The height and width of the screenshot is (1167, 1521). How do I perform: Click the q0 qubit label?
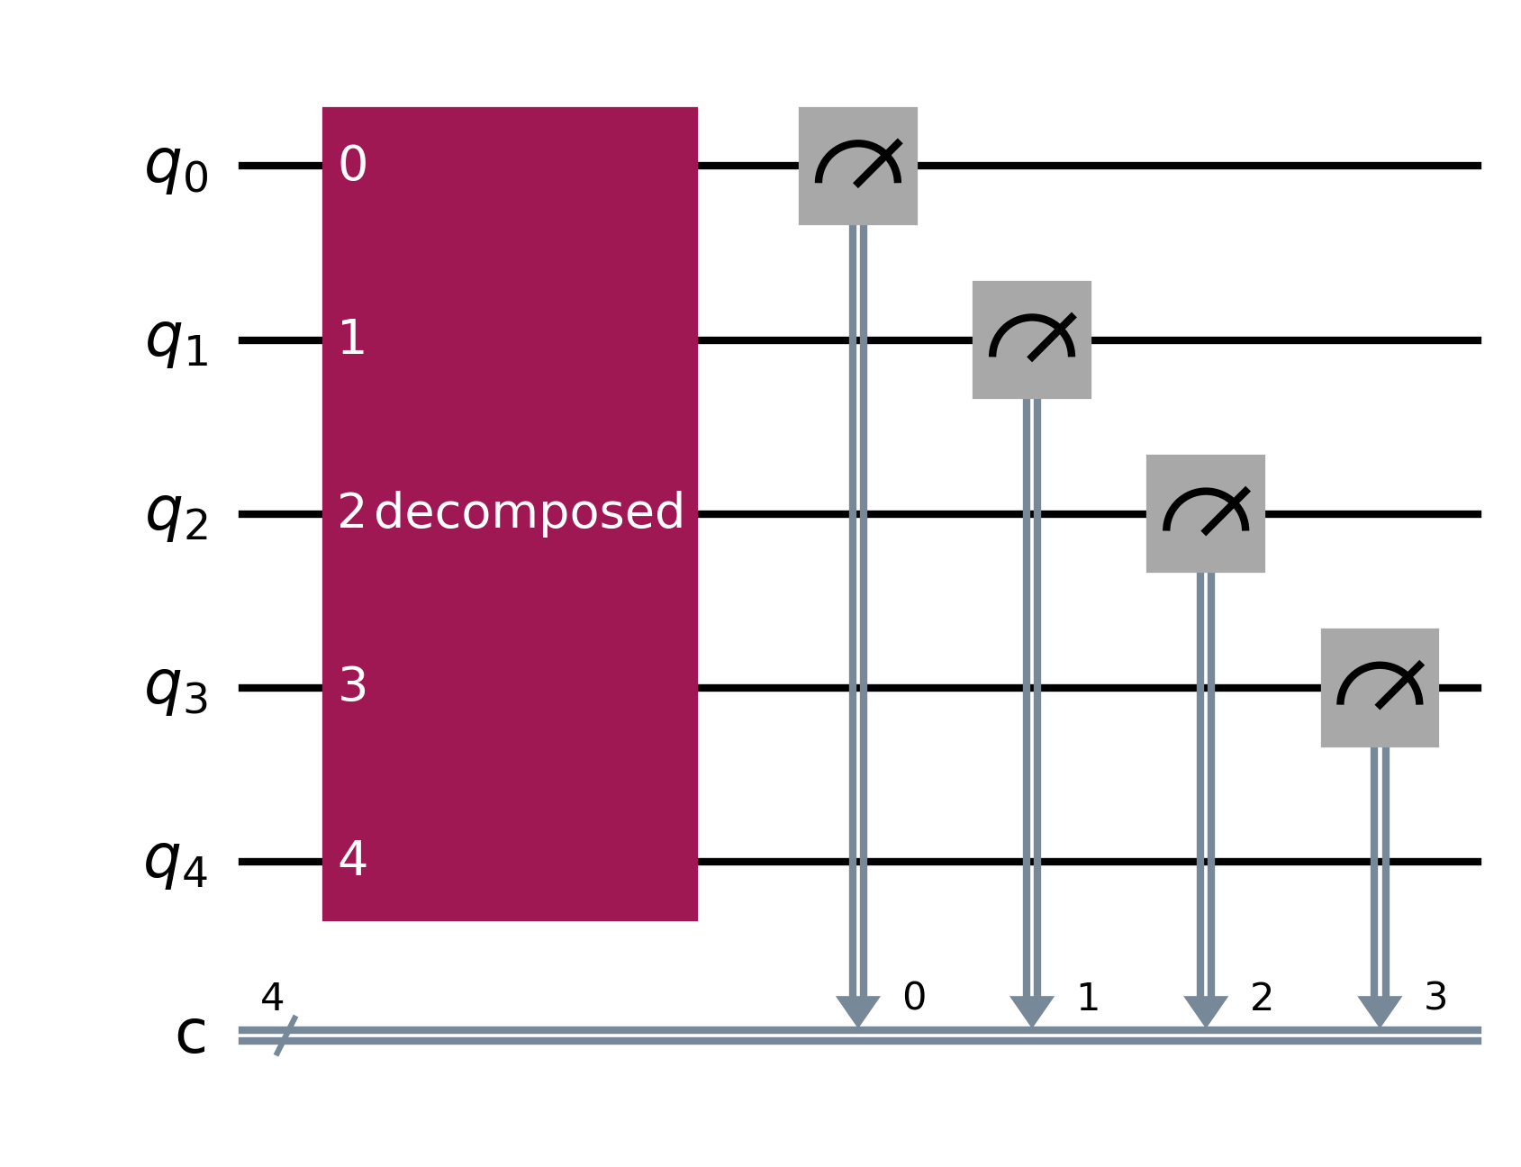[177, 167]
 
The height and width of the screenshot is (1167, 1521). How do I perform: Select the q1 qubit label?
[177, 341]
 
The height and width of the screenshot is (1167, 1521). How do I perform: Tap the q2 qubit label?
[177, 515]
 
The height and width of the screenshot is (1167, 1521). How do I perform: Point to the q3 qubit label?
[177, 689]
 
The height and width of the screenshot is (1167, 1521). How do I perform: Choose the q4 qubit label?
[177, 863]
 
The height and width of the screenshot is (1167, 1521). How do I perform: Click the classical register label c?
[191, 1036]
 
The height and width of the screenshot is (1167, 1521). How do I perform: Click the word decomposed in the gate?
[529, 512]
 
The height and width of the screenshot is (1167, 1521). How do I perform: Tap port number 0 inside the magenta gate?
[353, 165]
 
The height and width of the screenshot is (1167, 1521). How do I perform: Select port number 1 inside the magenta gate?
[352, 339]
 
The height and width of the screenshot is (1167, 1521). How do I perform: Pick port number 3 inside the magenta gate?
[353, 686]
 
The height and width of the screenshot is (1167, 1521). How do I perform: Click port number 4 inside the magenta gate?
[353, 860]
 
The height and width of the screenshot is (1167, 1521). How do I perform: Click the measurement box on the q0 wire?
[857, 167]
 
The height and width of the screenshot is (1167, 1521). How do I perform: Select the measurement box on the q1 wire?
[1031, 340]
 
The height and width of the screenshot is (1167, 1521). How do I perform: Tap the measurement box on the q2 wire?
[1205, 514]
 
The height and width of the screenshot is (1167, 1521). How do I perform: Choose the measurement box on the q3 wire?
[1379, 688]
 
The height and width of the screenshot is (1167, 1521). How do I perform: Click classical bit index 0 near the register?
[914, 997]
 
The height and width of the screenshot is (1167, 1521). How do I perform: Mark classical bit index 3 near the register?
[1435, 997]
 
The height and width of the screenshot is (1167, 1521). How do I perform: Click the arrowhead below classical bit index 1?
[1031, 1011]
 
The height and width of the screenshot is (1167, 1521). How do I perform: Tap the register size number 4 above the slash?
[272, 998]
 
